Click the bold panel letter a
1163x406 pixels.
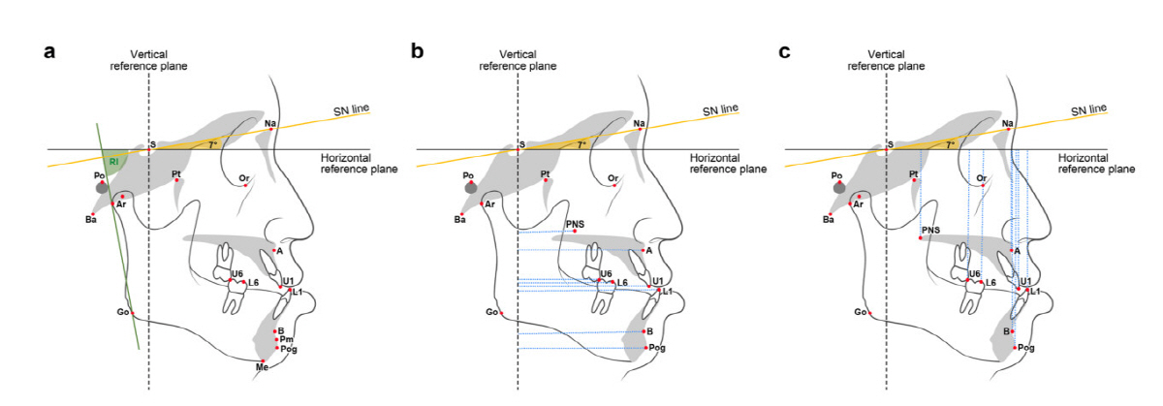tap(48, 50)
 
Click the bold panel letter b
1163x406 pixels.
tap(418, 50)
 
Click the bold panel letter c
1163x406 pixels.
tap(786, 50)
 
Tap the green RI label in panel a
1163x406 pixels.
tap(113, 161)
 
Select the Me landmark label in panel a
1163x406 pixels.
tap(261, 367)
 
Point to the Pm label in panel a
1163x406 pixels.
tap(286, 340)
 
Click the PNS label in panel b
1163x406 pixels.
tap(575, 223)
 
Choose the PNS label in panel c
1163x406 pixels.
tap(931, 230)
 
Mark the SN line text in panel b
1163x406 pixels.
tap(721, 109)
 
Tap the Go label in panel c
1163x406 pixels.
tap(860, 312)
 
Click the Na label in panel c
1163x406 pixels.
tap(1008, 124)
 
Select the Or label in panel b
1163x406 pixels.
tap(613, 179)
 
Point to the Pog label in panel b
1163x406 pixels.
tap(657, 347)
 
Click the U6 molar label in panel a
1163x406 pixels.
tap(236, 274)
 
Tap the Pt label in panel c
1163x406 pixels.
tap(914, 175)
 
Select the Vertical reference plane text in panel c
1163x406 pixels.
tap(885, 60)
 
